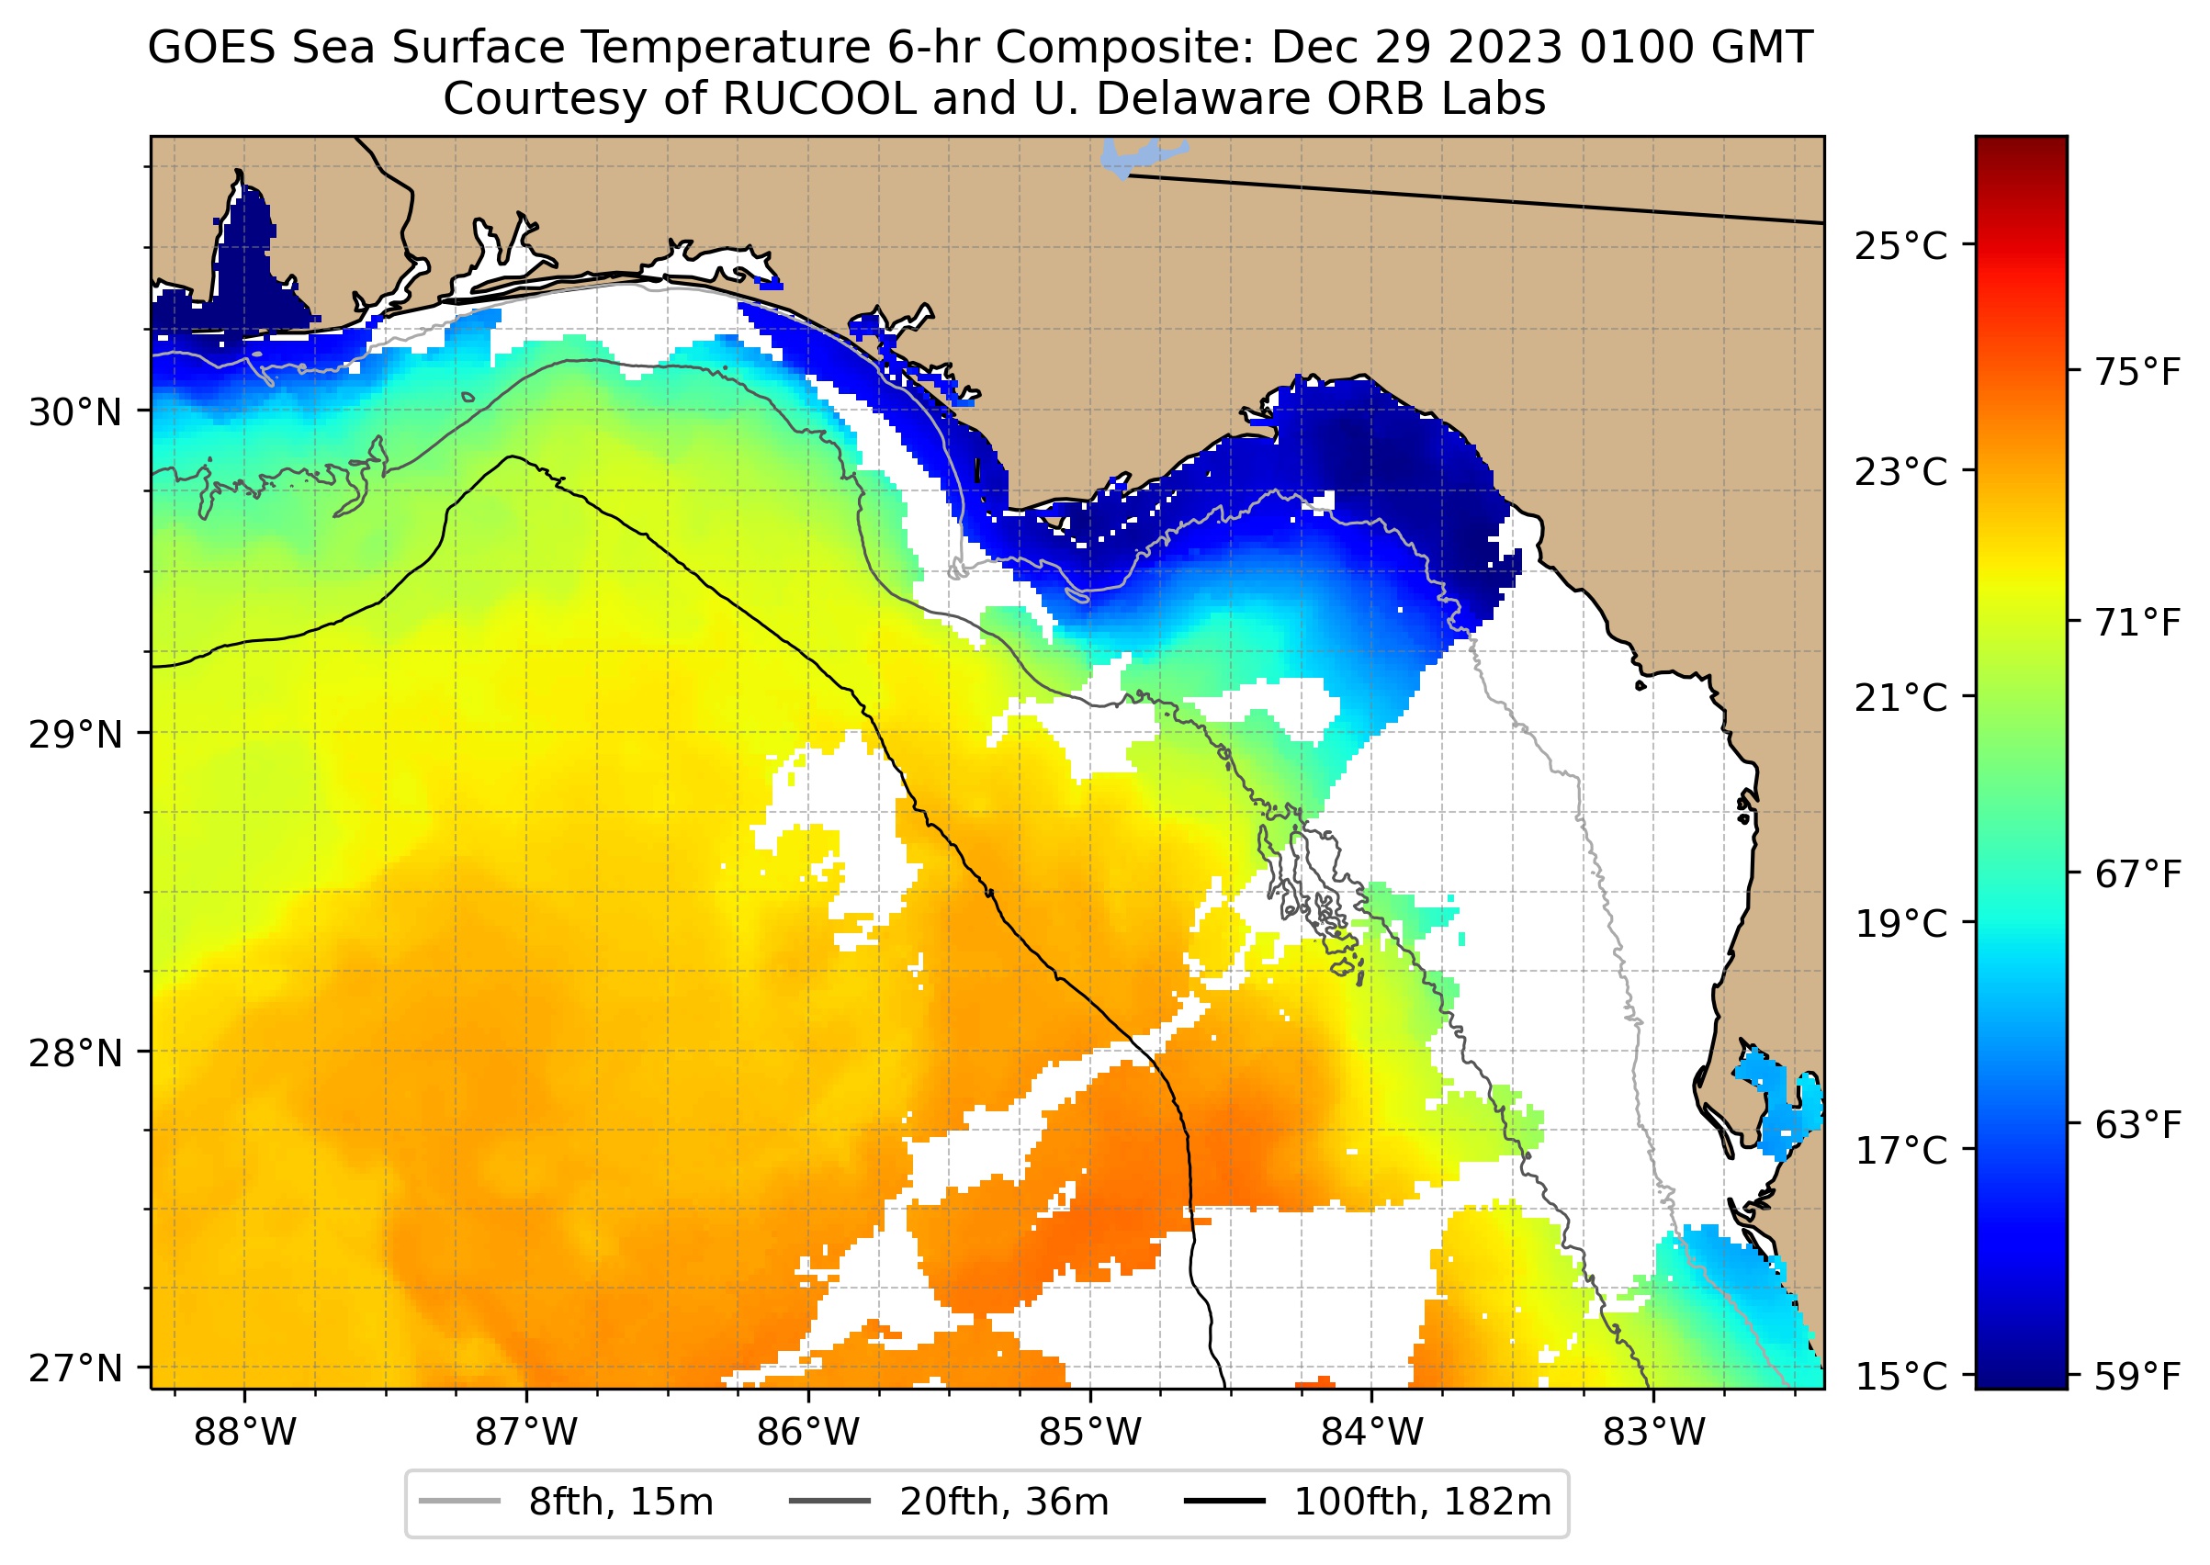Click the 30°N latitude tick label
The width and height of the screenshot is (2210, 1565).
coord(75,412)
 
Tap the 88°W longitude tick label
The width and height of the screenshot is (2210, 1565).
coord(245,1433)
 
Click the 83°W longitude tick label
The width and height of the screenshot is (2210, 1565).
coord(1654,1433)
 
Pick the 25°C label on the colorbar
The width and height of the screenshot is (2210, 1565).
coord(1900,247)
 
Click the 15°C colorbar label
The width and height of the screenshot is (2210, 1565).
coord(1900,1377)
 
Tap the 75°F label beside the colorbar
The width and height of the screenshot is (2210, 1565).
coord(2137,372)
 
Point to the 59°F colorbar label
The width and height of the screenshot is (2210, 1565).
coord(2137,1377)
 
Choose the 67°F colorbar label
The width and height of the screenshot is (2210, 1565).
coord(2137,874)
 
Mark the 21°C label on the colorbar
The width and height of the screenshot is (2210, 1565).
coord(1900,698)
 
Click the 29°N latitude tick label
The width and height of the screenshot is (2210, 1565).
coord(75,736)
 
